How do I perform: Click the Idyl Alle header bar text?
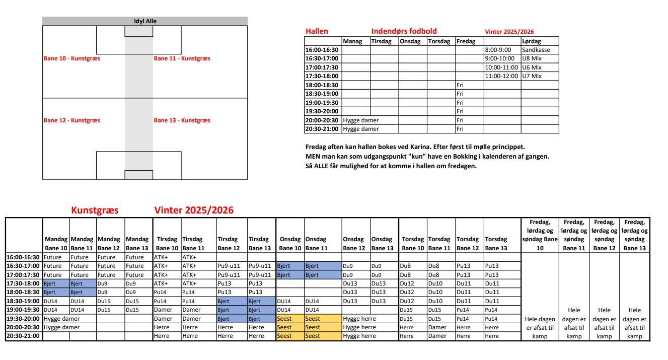pos(145,21)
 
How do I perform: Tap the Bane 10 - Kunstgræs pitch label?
pos(72,58)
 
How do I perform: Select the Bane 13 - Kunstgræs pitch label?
pos(182,120)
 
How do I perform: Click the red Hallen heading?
pos(317,31)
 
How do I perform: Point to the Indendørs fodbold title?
pos(404,31)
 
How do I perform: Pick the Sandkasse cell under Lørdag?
pos(536,50)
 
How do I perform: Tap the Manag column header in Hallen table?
pos(352,41)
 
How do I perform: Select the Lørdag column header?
pos(532,41)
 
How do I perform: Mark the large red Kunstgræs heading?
pos(95,210)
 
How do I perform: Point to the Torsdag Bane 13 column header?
pos(496,244)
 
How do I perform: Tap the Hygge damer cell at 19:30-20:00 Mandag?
pos(61,319)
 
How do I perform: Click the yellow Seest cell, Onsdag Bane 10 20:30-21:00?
pos(284,336)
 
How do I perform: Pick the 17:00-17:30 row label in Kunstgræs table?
pos(23,275)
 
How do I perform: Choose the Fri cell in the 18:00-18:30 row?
pos(460,85)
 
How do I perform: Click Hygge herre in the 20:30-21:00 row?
pos(359,336)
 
